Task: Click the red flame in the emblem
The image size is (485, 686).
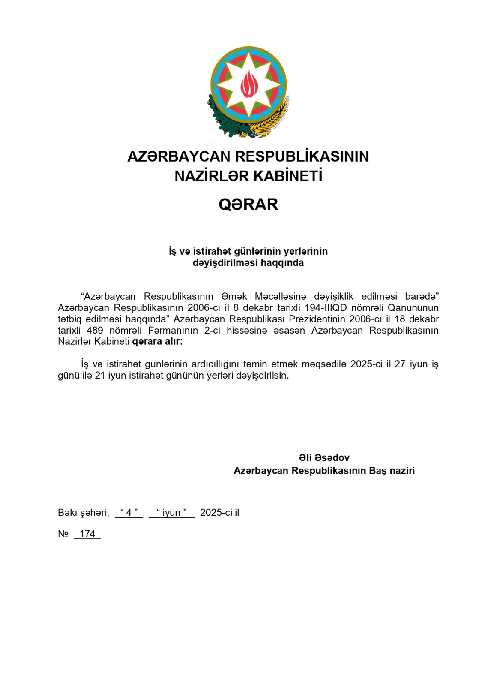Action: (x=249, y=84)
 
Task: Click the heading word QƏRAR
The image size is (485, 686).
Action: (x=248, y=205)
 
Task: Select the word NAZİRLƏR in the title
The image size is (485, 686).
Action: (x=211, y=176)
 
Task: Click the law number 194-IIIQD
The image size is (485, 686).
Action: (x=326, y=308)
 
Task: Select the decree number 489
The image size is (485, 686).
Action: (x=95, y=330)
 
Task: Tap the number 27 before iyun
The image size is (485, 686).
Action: (x=400, y=364)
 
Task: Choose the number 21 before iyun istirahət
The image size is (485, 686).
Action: (x=100, y=376)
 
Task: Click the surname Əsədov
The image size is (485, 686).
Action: (x=332, y=457)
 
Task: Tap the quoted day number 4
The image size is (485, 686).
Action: (x=129, y=513)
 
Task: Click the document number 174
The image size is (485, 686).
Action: (x=87, y=534)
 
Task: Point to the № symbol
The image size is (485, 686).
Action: (x=63, y=534)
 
